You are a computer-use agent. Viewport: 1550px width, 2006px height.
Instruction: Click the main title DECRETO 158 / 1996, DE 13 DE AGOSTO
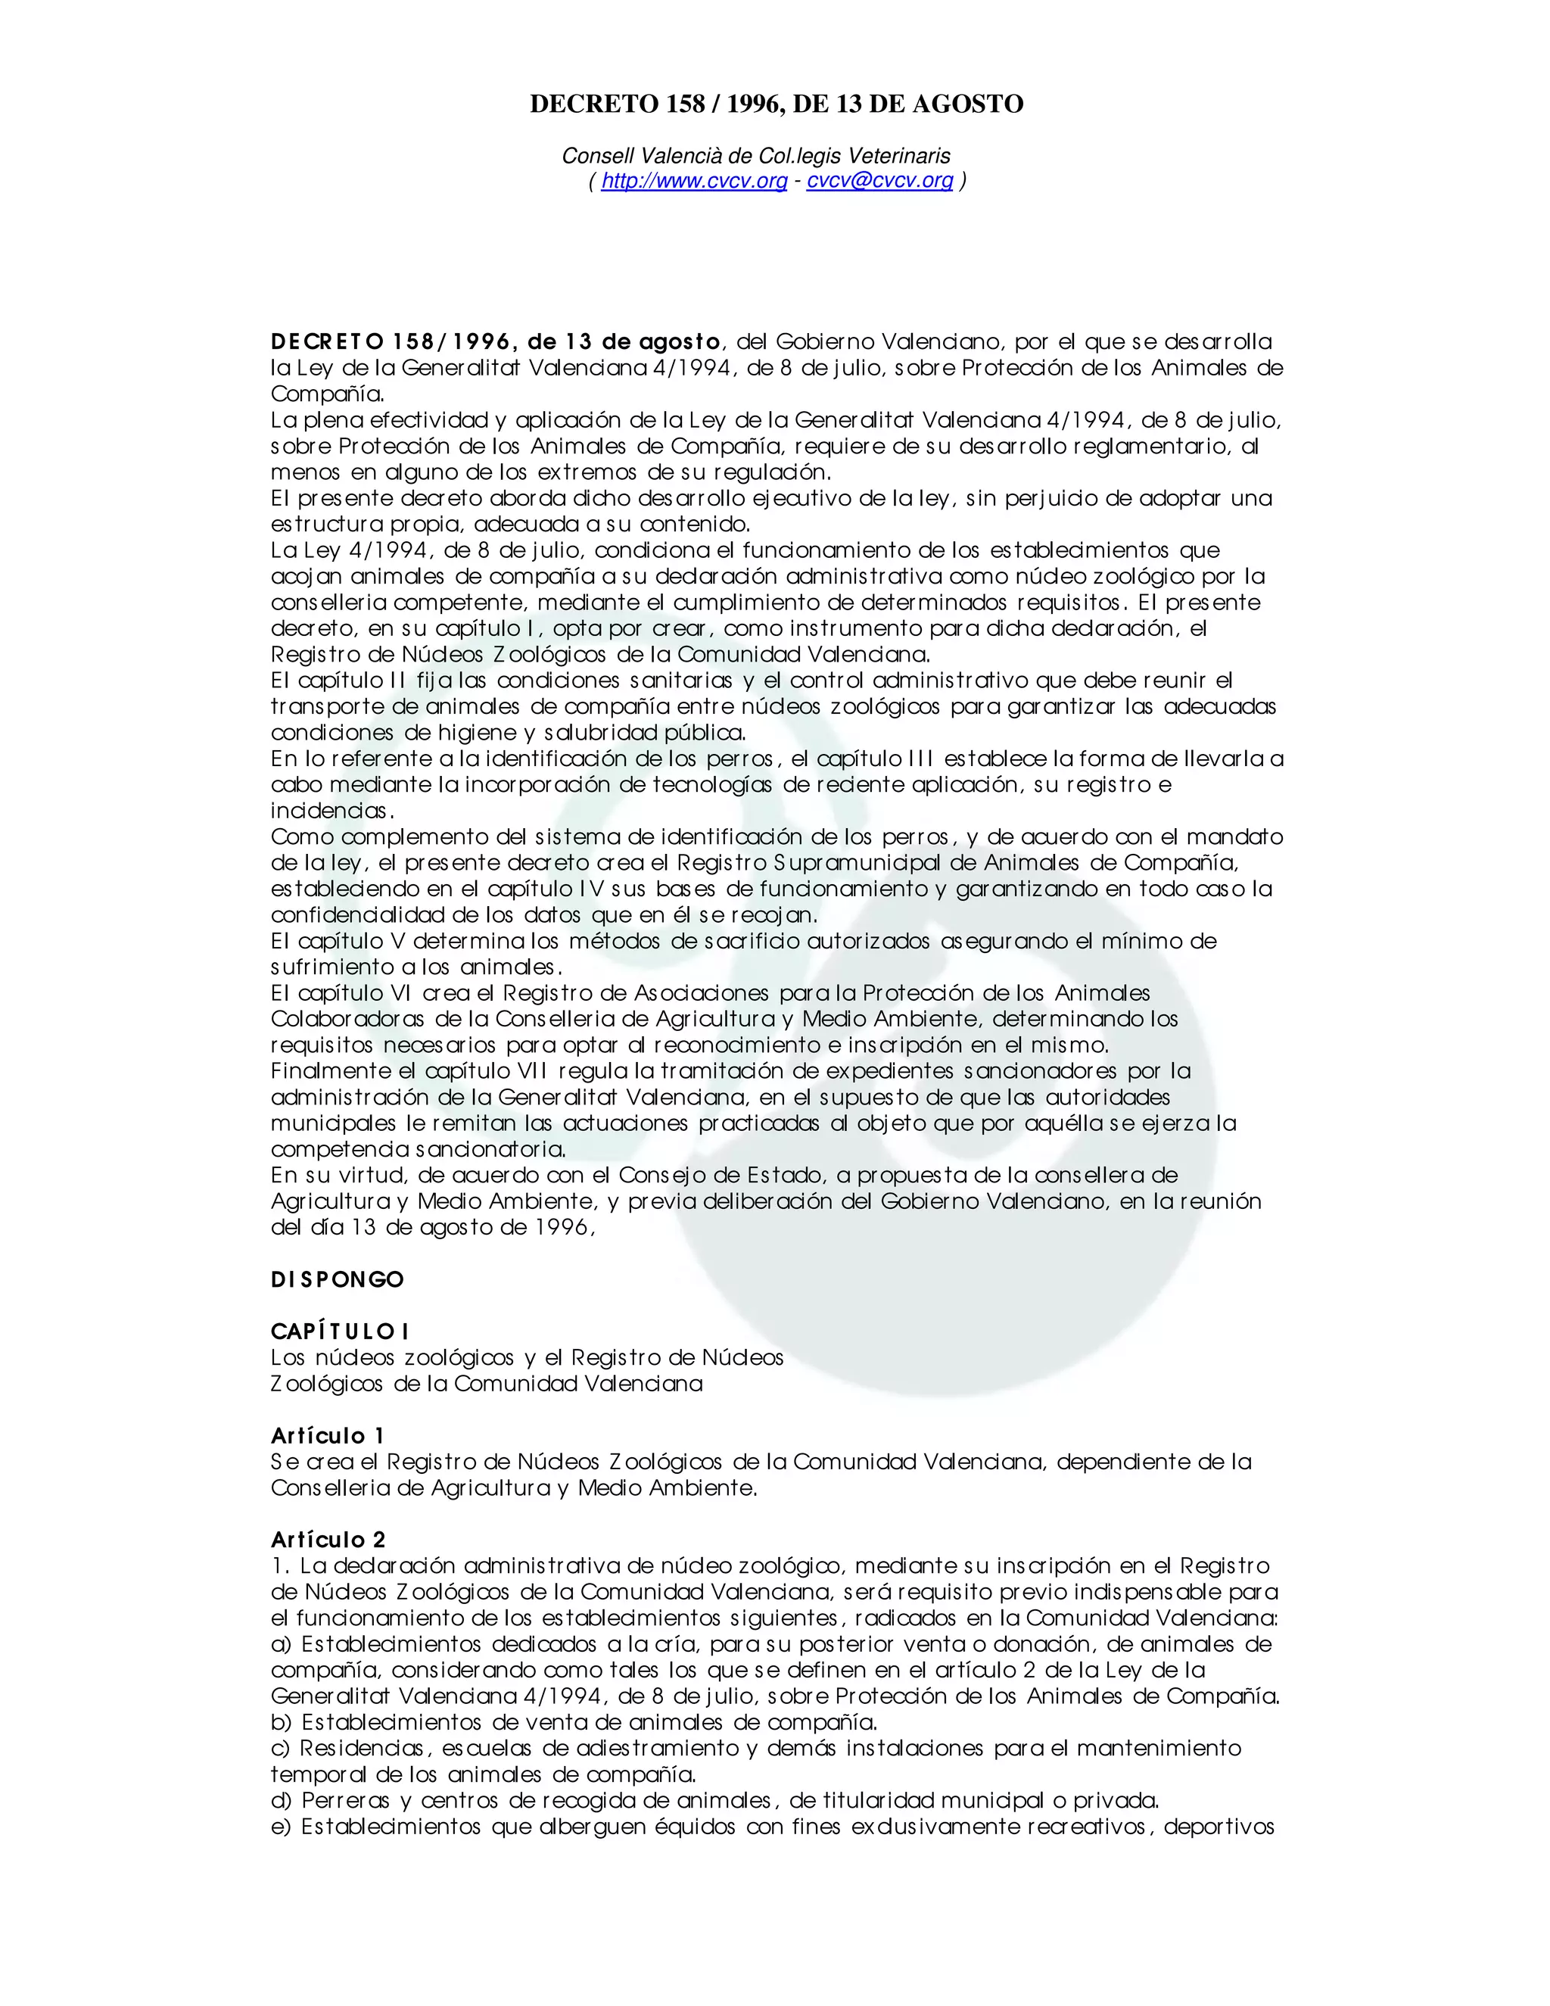[776, 104]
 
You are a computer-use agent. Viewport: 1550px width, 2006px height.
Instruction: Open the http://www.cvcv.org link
[694, 181]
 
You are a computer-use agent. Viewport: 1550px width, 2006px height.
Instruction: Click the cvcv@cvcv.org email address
[879, 181]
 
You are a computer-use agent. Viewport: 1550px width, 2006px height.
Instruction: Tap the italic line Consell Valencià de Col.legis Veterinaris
[756, 156]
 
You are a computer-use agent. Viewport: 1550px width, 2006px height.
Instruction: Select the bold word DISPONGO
[337, 1279]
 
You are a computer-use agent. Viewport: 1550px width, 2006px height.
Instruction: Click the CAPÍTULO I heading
[340, 1332]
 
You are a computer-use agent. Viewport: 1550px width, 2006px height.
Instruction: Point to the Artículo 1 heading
[327, 1435]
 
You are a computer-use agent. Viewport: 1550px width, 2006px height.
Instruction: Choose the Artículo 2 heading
[328, 1540]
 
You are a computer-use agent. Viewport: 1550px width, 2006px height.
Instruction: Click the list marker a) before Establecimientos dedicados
[281, 1644]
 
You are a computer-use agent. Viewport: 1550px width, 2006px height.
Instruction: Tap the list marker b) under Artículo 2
[281, 1722]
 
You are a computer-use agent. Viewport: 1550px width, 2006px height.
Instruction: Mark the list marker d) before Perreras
[281, 1800]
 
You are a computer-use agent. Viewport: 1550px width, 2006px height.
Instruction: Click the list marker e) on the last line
[281, 1826]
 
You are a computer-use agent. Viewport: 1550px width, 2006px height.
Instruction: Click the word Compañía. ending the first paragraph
[328, 394]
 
